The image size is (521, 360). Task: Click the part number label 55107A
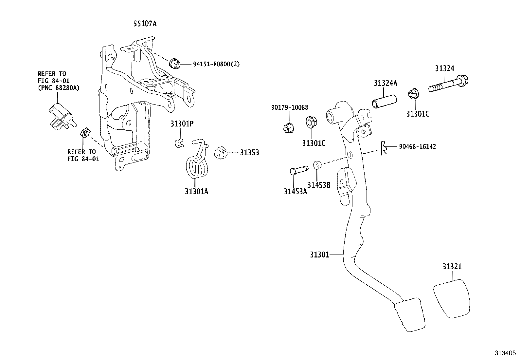(x=145, y=24)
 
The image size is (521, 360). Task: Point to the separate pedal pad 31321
(x=452, y=298)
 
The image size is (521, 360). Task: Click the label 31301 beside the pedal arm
(x=319, y=255)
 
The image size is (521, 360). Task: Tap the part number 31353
(x=249, y=153)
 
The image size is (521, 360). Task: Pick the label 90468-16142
(x=417, y=147)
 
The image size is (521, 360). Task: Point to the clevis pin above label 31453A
(x=298, y=170)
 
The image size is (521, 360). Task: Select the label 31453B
(x=319, y=185)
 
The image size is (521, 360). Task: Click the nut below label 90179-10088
(x=288, y=127)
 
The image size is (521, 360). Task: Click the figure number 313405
(x=505, y=353)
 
